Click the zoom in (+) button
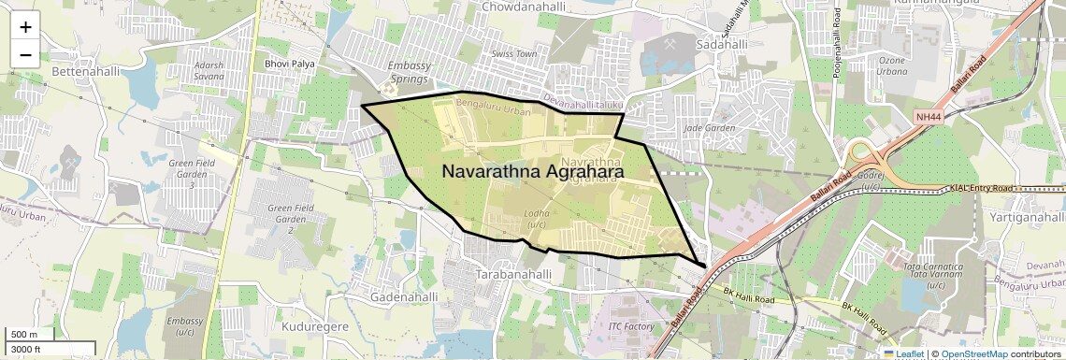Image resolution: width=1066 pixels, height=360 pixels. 25,26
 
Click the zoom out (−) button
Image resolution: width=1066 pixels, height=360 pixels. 25,54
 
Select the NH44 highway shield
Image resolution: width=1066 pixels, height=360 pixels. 926,116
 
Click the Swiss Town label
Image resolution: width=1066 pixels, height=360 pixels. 515,54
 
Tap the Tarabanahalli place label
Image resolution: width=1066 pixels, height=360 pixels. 513,275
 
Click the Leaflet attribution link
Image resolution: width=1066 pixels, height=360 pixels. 904,353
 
